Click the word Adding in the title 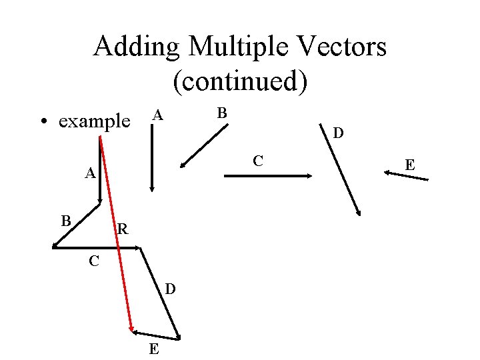click(136, 47)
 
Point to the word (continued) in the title click(240, 81)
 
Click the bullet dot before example click(44, 123)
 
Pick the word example click(94, 122)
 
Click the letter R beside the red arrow click(122, 231)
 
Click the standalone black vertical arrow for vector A click(152, 167)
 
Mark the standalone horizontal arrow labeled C click(267, 176)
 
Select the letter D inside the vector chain click(171, 289)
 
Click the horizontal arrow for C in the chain click(97, 248)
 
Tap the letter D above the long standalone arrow click(339, 134)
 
